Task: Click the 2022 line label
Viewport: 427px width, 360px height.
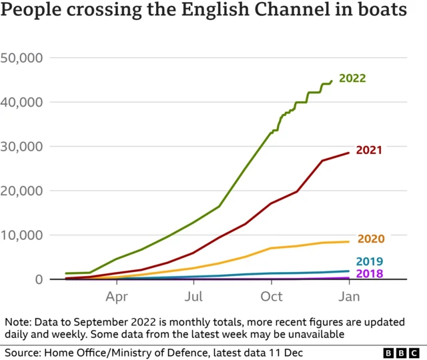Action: tap(352, 79)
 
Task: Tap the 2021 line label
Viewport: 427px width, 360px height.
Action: tap(369, 150)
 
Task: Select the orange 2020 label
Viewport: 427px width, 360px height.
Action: tap(371, 239)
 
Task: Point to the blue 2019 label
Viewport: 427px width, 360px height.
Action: tap(370, 261)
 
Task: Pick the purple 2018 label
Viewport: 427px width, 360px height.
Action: tap(370, 273)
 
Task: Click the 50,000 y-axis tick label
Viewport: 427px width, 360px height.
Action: tap(21, 58)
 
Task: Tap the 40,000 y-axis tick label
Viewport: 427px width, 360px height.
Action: tap(21, 102)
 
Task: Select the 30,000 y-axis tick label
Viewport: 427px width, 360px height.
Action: tap(21, 147)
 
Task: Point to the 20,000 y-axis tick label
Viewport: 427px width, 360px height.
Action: tap(21, 191)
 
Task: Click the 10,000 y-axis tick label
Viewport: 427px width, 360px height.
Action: tap(21, 235)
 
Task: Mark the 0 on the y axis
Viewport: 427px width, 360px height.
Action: tap(39, 279)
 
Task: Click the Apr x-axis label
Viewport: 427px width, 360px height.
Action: tap(117, 297)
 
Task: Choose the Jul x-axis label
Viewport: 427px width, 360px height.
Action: tap(193, 296)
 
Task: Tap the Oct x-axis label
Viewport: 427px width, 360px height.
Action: tap(272, 296)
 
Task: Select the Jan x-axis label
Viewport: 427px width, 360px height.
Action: tap(349, 296)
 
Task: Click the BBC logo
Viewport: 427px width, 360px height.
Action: tap(401, 353)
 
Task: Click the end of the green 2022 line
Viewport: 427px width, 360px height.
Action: tap(331, 81)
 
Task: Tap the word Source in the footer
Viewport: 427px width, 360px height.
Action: tap(23, 353)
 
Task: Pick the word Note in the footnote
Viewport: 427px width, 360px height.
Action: tap(18, 322)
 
